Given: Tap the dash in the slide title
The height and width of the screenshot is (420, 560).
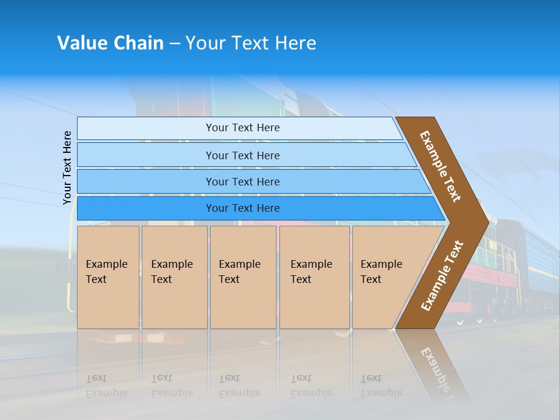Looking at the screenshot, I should point(174,44).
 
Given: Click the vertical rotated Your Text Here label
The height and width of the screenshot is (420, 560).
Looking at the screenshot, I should point(67,168).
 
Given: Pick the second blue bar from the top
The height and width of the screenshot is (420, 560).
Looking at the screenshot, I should point(242,155).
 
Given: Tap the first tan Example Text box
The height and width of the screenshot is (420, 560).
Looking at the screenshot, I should point(108,276).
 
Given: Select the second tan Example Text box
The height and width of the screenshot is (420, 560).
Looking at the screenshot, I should point(174,276).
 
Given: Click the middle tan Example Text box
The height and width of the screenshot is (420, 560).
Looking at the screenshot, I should point(243,276).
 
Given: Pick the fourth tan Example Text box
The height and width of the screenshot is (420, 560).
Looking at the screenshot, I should point(314,276).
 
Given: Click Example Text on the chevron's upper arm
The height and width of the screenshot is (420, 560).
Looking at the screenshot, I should point(440,166).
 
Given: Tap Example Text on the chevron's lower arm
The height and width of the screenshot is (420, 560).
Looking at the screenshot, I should point(442,275).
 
